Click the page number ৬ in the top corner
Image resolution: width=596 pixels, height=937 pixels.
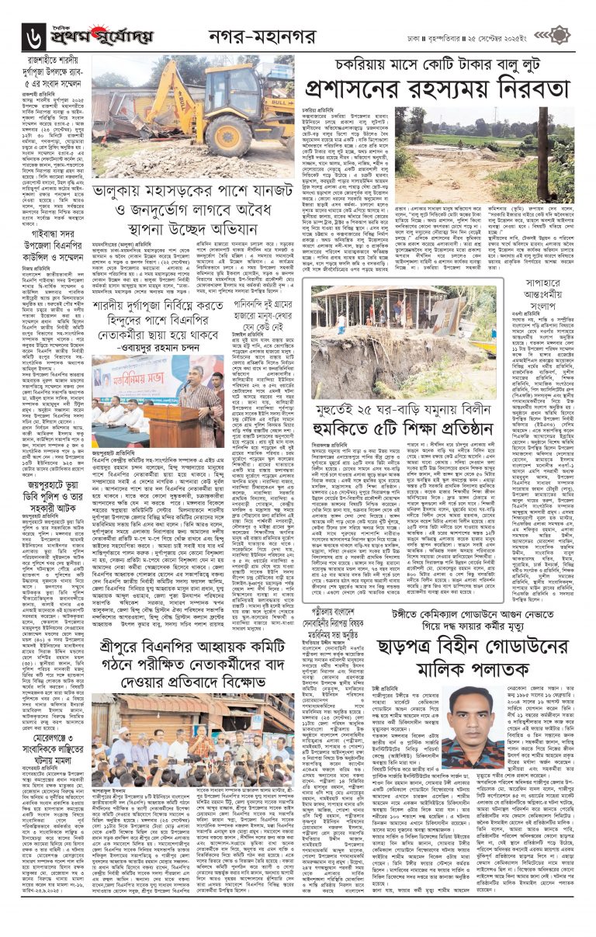[33, 36]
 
